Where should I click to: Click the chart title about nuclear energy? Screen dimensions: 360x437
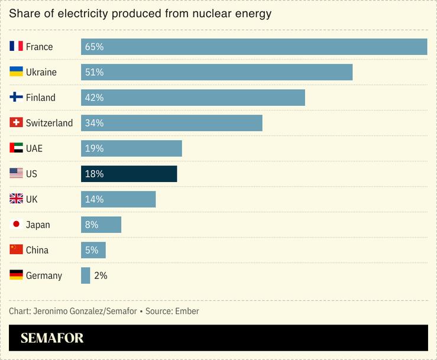coord(140,14)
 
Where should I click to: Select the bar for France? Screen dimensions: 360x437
coord(254,47)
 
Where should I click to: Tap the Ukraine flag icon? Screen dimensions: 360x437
coord(16,72)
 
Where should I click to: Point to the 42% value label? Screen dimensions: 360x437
coord(94,98)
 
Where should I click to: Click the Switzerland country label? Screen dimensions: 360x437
coord(49,123)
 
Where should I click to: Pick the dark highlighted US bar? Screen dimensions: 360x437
coord(129,174)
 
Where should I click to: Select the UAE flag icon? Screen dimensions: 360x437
coord(16,148)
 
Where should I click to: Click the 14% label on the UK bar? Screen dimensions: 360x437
coord(94,199)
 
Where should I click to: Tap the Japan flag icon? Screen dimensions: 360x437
coord(16,225)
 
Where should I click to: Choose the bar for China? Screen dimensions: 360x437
coord(93,250)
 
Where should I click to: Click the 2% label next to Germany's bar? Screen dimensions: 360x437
coord(101,275)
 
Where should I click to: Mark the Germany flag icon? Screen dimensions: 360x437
coord(16,275)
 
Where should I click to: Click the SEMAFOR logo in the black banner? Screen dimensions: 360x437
coord(52,338)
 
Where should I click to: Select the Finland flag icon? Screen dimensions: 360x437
coord(16,98)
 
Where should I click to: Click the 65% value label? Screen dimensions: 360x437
coord(94,47)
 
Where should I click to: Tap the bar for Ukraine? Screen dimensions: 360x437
coord(216,72)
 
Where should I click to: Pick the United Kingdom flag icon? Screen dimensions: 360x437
coord(16,199)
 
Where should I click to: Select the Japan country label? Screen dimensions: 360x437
coord(38,225)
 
